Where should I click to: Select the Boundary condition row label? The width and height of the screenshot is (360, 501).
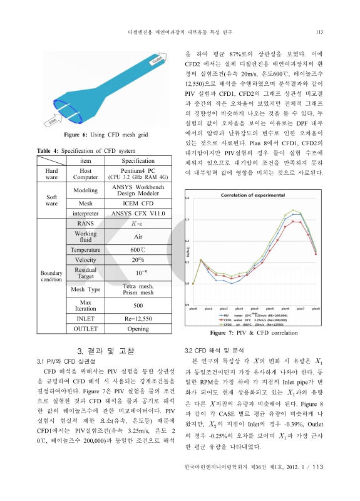[x=51, y=276]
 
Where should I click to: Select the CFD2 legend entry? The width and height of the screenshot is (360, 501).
[x=243, y=325]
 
